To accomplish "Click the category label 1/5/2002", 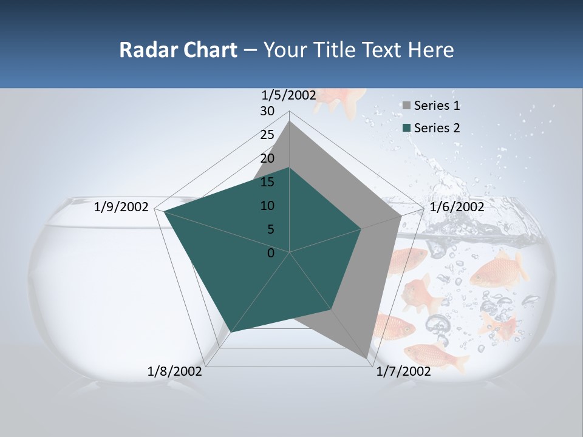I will (x=289, y=95).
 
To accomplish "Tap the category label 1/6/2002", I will (x=457, y=207).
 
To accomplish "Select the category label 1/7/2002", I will (x=403, y=371).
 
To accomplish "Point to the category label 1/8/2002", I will (x=175, y=371).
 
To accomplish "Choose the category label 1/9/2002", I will (x=121, y=207).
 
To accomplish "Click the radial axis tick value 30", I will (x=267, y=111).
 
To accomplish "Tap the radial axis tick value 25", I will (x=267, y=135).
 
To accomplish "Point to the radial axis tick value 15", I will (x=267, y=182).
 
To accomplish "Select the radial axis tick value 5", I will (x=270, y=229).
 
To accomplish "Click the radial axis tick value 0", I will (x=271, y=253).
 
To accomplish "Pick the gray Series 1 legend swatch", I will (x=406, y=106).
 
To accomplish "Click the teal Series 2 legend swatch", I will (x=406, y=128).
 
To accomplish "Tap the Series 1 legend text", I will (x=437, y=106).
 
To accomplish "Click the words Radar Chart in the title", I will (x=178, y=50).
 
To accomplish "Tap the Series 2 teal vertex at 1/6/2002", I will (x=361, y=229).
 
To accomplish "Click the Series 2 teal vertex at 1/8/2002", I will (x=232, y=331).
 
